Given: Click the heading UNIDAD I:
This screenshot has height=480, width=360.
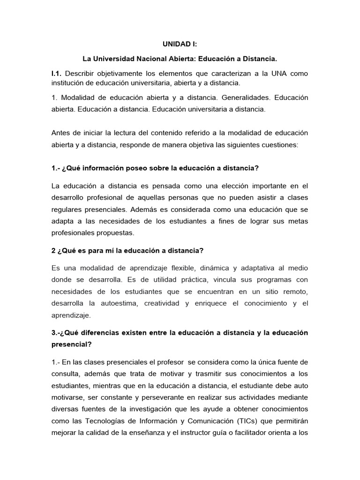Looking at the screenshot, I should (x=180, y=44).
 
